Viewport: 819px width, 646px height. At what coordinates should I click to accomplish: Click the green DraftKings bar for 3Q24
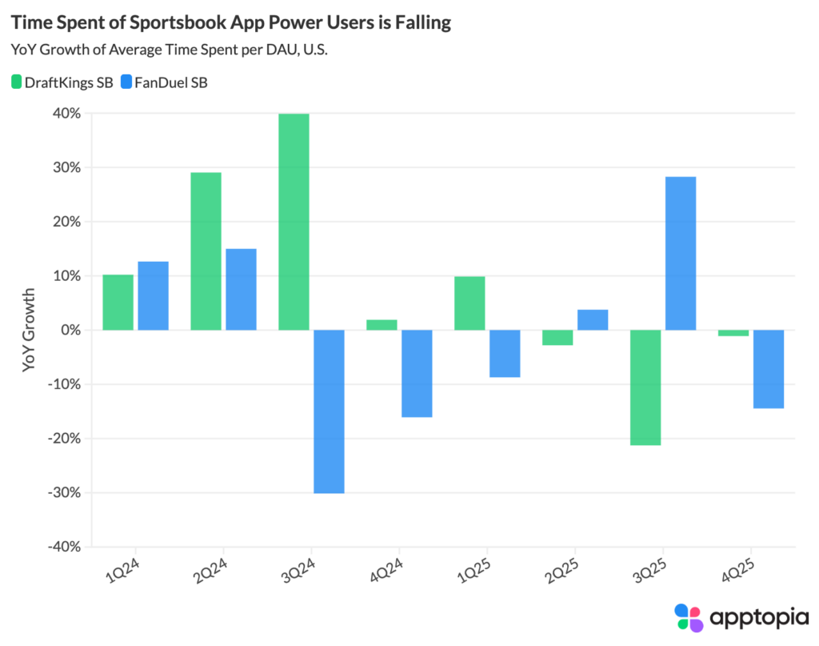(x=294, y=222)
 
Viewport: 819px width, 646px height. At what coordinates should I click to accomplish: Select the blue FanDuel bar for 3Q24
(x=329, y=411)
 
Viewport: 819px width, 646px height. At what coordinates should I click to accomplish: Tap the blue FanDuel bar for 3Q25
(x=680, y=253)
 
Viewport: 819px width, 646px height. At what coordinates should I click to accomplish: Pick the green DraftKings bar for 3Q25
(x=645, y=387)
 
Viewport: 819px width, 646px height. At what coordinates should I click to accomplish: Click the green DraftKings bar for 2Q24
(x=206, y=251)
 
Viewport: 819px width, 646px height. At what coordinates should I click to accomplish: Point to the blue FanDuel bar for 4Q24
(x=417, y=373)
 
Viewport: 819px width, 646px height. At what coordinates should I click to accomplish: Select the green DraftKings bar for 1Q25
(x=469, y=303)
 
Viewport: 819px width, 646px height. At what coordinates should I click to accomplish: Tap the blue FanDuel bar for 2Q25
(x=593, y=319)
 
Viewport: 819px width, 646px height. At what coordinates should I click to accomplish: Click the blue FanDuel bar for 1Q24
(x=153, y=295)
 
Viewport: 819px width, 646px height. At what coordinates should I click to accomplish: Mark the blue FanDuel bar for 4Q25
(x=768, y=369)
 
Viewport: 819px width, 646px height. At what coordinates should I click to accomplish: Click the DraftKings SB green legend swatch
(x=17, y=82)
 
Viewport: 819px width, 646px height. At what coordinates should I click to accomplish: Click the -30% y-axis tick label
(x=65, y=492)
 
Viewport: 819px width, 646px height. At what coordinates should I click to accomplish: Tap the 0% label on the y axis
(x=72, y=330)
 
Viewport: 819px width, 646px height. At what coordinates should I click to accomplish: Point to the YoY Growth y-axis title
(x=30, y=330)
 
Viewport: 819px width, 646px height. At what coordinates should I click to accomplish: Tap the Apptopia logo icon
(x=689, y=617)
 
